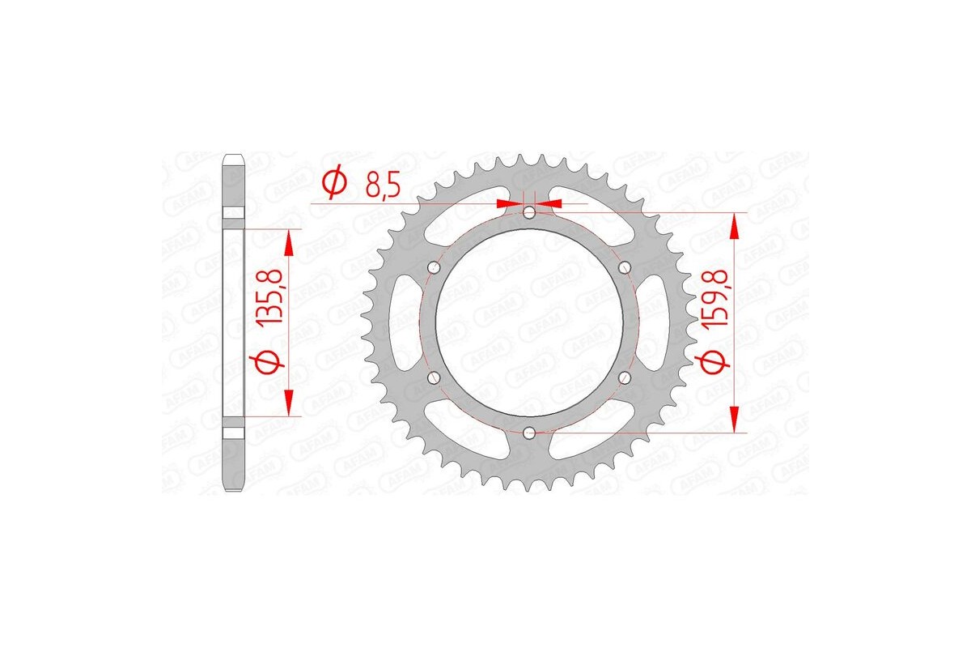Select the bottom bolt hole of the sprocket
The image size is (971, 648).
529,433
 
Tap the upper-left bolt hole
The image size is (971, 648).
434,267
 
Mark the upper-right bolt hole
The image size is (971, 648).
625,267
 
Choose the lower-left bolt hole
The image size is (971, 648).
434,377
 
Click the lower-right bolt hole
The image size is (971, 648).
625,377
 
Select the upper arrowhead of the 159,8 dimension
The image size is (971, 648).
734,227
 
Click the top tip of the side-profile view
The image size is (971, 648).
233,156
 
